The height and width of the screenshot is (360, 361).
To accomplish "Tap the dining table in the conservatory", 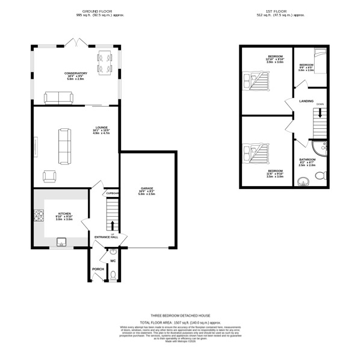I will (x=104, y=61).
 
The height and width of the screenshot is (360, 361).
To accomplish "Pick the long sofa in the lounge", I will (x=63, y=146).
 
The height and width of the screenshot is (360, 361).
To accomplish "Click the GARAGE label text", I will (x=147, y=189).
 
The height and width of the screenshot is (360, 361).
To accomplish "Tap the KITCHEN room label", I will (x=64, y=215).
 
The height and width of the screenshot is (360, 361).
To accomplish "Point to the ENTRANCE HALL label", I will (x=106, y=237).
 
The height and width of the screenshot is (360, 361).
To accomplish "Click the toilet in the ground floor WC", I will (x=113, y=276).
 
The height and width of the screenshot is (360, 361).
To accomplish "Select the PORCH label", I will (x=96, y=269).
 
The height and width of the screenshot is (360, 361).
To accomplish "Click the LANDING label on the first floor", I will (x=306, y=101).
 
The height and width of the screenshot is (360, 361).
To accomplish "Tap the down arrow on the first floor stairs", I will (x=320, y=112).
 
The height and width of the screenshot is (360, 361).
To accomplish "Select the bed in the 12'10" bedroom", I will (x=255, y=78).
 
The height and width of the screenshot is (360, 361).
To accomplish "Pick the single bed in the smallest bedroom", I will (x=319, y=60).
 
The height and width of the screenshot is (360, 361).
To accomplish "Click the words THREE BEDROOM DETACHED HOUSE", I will (x=180, y=314).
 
